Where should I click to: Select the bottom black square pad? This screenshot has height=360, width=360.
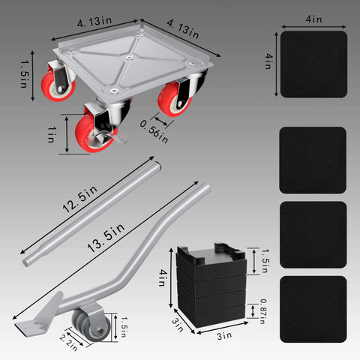pos(313,309)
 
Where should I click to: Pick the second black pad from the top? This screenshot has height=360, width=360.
pos(313,160)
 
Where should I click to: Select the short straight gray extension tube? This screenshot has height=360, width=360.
pos(94,210)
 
